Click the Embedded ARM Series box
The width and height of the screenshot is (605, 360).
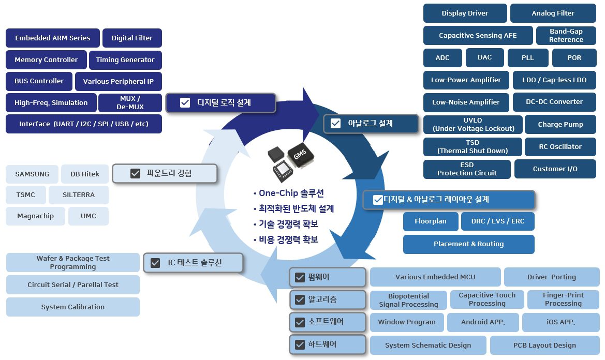point(52,38)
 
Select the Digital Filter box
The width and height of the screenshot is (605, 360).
point(132,38)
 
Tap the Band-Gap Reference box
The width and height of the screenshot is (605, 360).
point(566,35)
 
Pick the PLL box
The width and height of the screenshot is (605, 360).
point(527,57)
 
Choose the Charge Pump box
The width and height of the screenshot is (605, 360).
point(560,124)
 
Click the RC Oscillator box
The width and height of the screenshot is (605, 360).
point(560,146)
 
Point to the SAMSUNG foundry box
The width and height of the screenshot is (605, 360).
point(32,174)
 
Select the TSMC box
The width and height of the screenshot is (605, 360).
point(25,194)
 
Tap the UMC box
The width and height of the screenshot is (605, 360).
point(88,216)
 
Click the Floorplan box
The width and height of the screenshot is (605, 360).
point(430,221)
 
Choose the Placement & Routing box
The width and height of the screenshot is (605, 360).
point(468,244)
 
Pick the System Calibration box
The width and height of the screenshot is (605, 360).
point(72,307)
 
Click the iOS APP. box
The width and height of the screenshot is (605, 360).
point(560,322)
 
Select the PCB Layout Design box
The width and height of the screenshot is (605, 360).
point(544,345)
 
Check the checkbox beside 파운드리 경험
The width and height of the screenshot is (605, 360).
point(136,173)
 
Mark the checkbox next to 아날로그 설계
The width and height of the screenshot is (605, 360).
point(335,123)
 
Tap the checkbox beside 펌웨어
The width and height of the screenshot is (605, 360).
point(300,277)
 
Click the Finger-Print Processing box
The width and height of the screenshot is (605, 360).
point(563,299)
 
